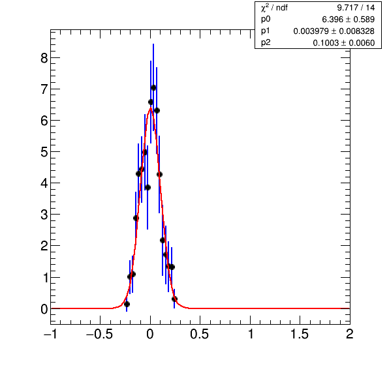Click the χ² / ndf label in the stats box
274,8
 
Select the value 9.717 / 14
356,8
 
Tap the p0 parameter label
266,20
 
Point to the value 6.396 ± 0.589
348,20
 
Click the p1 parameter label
266,31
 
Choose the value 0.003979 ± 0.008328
334,31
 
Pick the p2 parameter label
266,43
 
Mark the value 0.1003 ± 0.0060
343,43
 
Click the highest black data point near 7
153,87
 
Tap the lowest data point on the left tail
127,304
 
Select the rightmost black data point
174,299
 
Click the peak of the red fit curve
150,108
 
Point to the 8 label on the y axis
44,58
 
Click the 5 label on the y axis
44,152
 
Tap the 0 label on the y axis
44,309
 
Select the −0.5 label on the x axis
99,334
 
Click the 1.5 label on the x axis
300,334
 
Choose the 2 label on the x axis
350,334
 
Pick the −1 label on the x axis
50,334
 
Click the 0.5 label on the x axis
199,334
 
